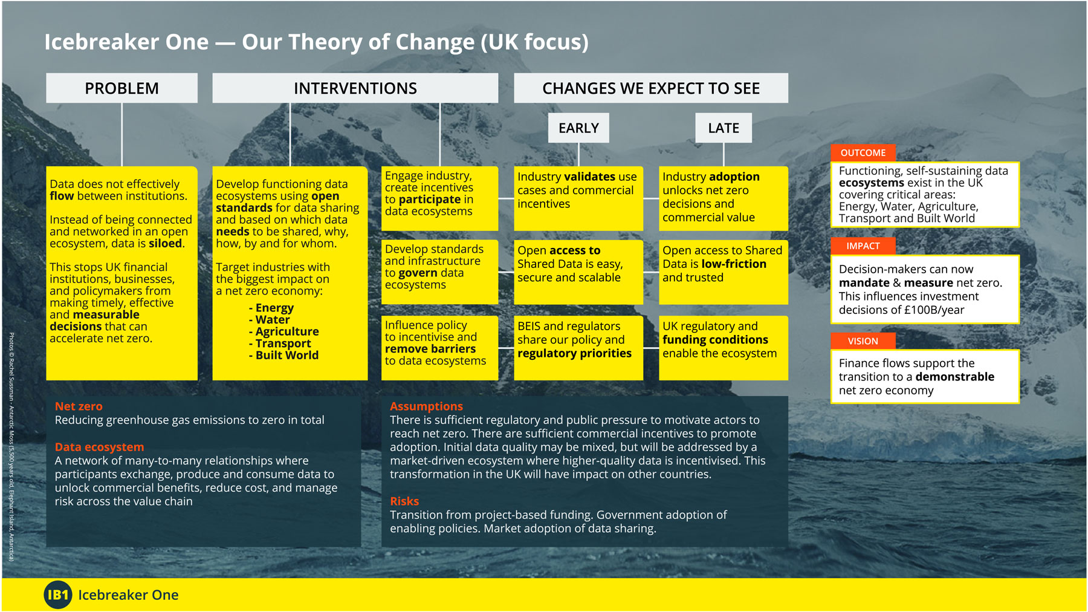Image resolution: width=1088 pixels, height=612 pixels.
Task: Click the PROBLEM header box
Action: click(121, 88)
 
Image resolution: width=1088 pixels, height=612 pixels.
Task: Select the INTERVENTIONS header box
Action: click(355, 88)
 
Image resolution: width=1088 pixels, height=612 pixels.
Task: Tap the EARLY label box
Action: click(578, 128)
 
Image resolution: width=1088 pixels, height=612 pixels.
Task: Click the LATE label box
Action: click(724, 128)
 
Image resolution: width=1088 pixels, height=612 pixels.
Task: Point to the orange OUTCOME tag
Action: click(863, 153)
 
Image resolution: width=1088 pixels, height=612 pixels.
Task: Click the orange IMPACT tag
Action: click(863, 246)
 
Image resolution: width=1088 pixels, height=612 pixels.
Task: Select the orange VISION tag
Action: click(863, 341)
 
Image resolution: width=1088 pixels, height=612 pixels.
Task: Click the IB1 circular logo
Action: click(58, 595)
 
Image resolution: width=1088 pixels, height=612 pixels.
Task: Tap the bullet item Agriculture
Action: click(283, 332)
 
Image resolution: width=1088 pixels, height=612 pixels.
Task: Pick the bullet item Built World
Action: click(283, 356)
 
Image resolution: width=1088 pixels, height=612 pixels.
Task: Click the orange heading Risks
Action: click(404, 501)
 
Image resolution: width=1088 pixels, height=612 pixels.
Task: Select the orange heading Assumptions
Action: click(426, 406)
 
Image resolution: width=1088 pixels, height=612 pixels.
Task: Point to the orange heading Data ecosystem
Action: click(99, 447)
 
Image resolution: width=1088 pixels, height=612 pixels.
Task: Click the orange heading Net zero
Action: click(79, 406)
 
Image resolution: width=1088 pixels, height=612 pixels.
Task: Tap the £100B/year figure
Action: click(934, 310)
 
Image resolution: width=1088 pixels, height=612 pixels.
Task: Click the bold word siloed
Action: click(165, 244)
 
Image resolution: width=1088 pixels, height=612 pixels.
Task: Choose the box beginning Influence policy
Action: click(440, 348)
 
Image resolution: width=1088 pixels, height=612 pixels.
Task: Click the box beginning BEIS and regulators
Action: click(578, 348)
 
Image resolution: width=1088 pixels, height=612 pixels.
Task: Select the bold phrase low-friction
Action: click(734, 264)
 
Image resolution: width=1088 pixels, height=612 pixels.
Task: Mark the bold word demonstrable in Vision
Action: click(954, 377)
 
